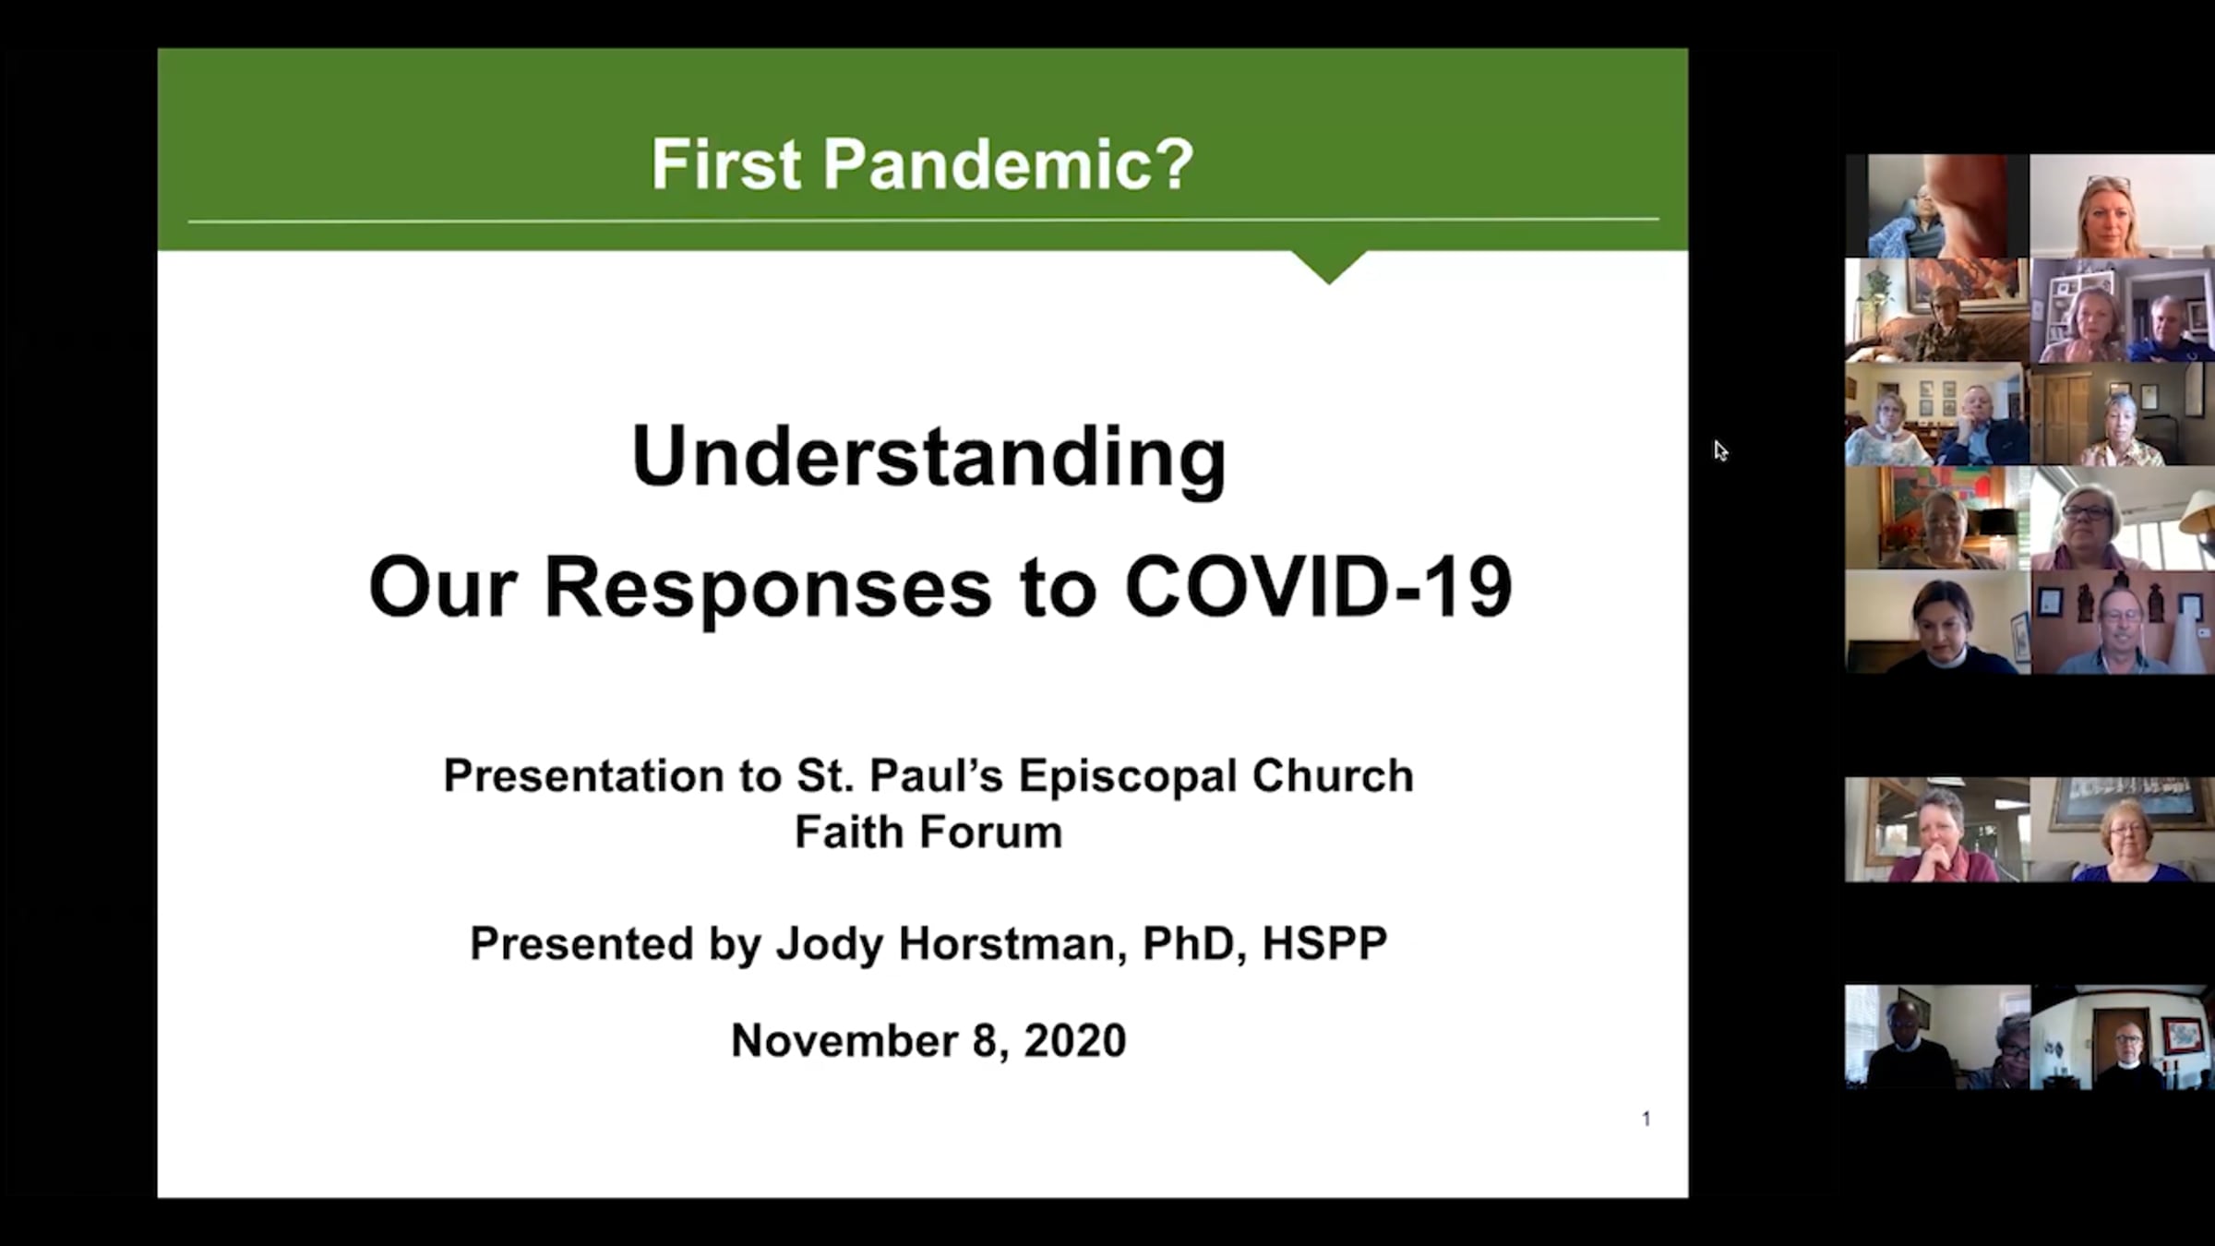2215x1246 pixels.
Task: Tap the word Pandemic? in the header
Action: pos(1009,164)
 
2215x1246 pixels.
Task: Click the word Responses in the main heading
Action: pos(768,588)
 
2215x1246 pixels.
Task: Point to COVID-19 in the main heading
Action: pos(1319,587)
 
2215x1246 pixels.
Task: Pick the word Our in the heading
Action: pos(442,588)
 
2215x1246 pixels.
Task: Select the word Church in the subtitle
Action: pos(1333,775)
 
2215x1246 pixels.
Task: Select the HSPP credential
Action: pos(1324,943)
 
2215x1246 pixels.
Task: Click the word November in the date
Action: pos(844,1040)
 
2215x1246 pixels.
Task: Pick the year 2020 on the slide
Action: pos(1075,1040)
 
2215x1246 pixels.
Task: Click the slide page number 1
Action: pos(1646,1119)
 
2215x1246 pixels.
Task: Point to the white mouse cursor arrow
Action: pos(1720,450)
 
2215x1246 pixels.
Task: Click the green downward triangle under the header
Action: pos(1329,266)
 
